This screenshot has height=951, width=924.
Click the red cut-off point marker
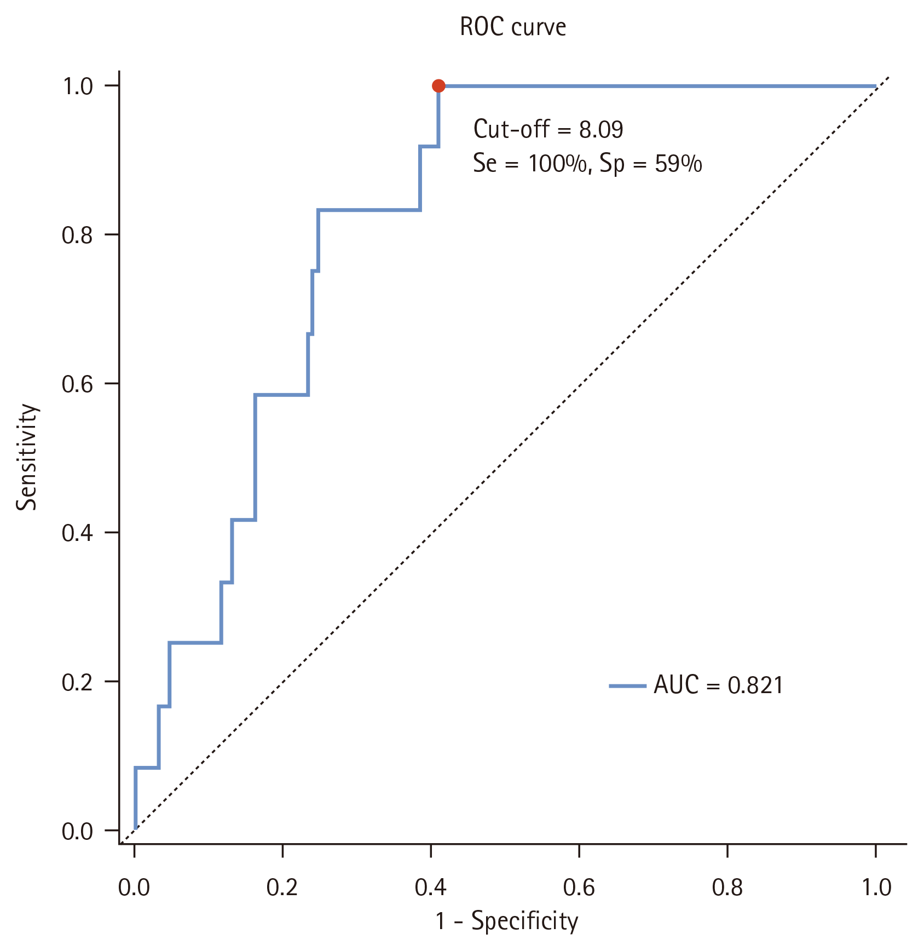[438, 86]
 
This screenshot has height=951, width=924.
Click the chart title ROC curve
[513, 27]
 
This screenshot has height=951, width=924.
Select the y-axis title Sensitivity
[26, 457]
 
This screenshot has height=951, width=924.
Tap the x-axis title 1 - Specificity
[507, 921]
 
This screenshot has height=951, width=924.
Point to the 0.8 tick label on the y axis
[77, 235]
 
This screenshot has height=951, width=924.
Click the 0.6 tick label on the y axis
[77, 384]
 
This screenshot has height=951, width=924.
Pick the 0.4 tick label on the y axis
[77, 533]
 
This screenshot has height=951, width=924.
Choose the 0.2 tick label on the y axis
[77, 682]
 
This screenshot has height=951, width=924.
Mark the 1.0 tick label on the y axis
[78, 86]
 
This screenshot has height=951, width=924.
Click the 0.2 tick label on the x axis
[282, 887]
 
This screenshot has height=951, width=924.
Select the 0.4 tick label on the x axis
[430, 887]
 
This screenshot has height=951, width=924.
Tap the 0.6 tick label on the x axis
[579, 887]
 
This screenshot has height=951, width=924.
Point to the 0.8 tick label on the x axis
[727, 887]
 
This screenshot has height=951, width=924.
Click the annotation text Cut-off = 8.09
[548, 129]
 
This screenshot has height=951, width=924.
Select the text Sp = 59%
[651, 164]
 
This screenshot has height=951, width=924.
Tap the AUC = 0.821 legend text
[719, 685]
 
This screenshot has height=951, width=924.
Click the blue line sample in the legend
[628, 685]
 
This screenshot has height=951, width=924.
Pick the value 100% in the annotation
[557, 164]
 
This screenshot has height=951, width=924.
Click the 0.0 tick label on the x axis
[134, 887]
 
